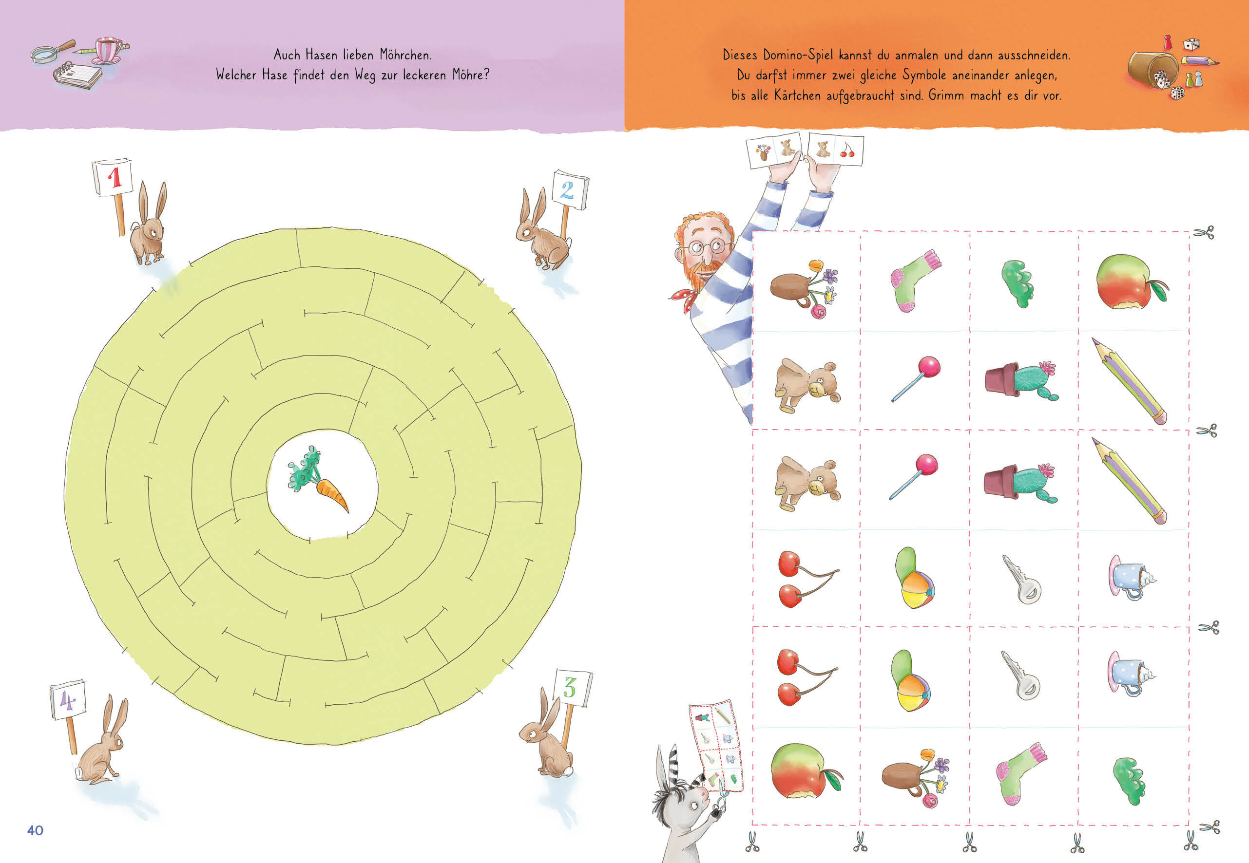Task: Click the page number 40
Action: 35,830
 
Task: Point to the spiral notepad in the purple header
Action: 77,75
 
